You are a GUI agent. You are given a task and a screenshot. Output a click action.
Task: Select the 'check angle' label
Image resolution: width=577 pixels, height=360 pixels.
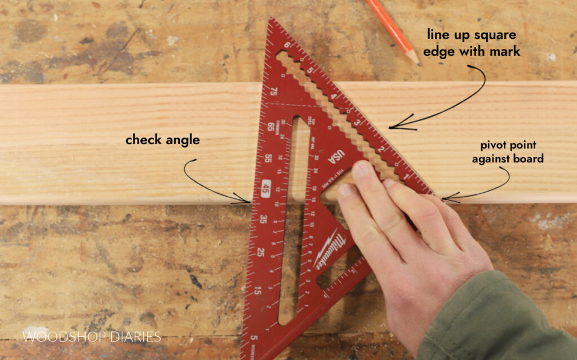tap(162, 140)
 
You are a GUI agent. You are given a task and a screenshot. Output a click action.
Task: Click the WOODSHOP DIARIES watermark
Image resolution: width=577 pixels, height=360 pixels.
tap(91, 337)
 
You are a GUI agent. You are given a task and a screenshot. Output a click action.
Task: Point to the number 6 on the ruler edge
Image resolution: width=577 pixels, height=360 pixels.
tap(287, 46)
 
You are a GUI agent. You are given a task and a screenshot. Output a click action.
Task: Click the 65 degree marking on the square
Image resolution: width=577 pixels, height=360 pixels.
tap(270, 126)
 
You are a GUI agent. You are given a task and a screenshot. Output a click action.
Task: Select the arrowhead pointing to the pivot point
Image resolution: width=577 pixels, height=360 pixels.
tap(444, 198)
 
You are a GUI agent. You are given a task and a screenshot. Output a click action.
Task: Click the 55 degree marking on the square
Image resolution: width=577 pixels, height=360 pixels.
tap(269, 159)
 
